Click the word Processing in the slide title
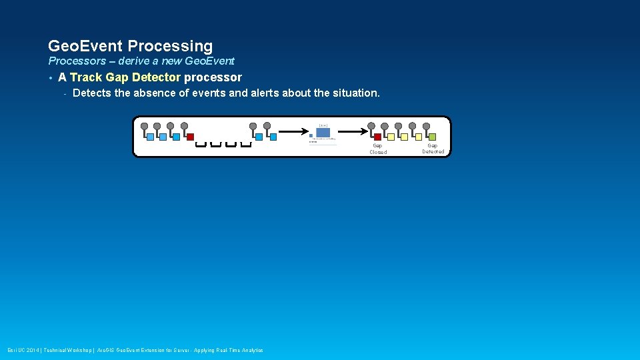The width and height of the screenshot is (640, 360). click(x=170, y=46)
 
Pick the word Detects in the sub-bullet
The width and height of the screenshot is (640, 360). click(x=92, y=93)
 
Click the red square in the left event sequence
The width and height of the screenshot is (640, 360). click(x=190, y=137)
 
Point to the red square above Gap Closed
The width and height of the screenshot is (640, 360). click(x=377, y=137)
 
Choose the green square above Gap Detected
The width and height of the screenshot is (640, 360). click(x=432, y=137)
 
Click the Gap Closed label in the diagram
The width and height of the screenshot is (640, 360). click(x=378, y=149)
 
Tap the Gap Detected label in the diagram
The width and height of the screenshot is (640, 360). click(x=433, y=148)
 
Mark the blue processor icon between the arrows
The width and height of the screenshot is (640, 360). click(x=323, y=132)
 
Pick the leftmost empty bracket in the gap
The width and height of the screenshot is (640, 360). click(x=201, y=143)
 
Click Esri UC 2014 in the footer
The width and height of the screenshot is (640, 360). click(x=23, y=351)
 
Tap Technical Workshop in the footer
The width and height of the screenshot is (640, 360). click(x=67, y=351)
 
